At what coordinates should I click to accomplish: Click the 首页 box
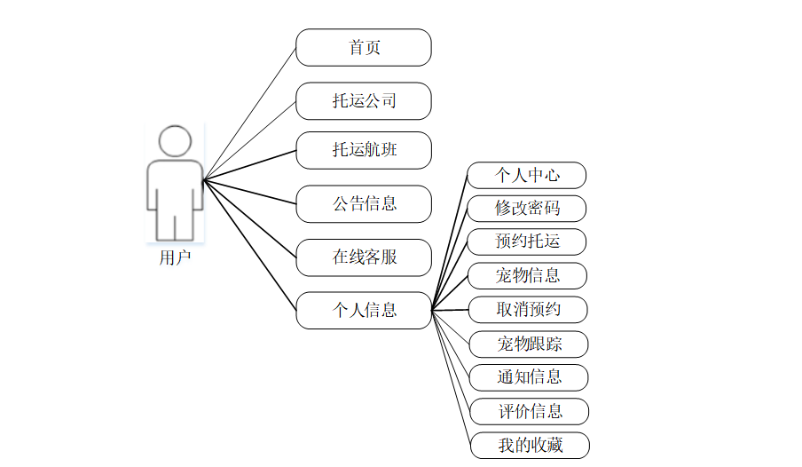point(364,47)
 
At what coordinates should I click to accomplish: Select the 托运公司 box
point(364,100)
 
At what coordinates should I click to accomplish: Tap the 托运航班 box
point(364,150)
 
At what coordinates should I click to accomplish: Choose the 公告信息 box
point(364,203)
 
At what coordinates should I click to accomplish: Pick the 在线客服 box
point(364,257)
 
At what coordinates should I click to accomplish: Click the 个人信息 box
point(364,310)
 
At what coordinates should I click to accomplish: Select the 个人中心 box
point(527,175)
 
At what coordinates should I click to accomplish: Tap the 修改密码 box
point(527,209)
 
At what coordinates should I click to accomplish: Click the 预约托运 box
point(527,241)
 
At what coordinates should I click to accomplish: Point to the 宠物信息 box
point(527,275)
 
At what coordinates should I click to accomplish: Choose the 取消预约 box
point(527,310)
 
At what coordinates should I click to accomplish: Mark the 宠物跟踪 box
point(529,344)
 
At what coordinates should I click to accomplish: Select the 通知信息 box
point(529,377)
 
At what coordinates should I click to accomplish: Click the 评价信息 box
point(529,411)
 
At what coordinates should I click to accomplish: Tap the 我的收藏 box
point(530,445)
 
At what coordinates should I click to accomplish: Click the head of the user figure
point(175,141)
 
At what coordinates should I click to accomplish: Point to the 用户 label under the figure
point(175,258)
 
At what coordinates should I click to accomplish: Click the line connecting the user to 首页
point(249,114)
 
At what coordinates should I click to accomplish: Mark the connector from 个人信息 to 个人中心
point(450,242)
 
